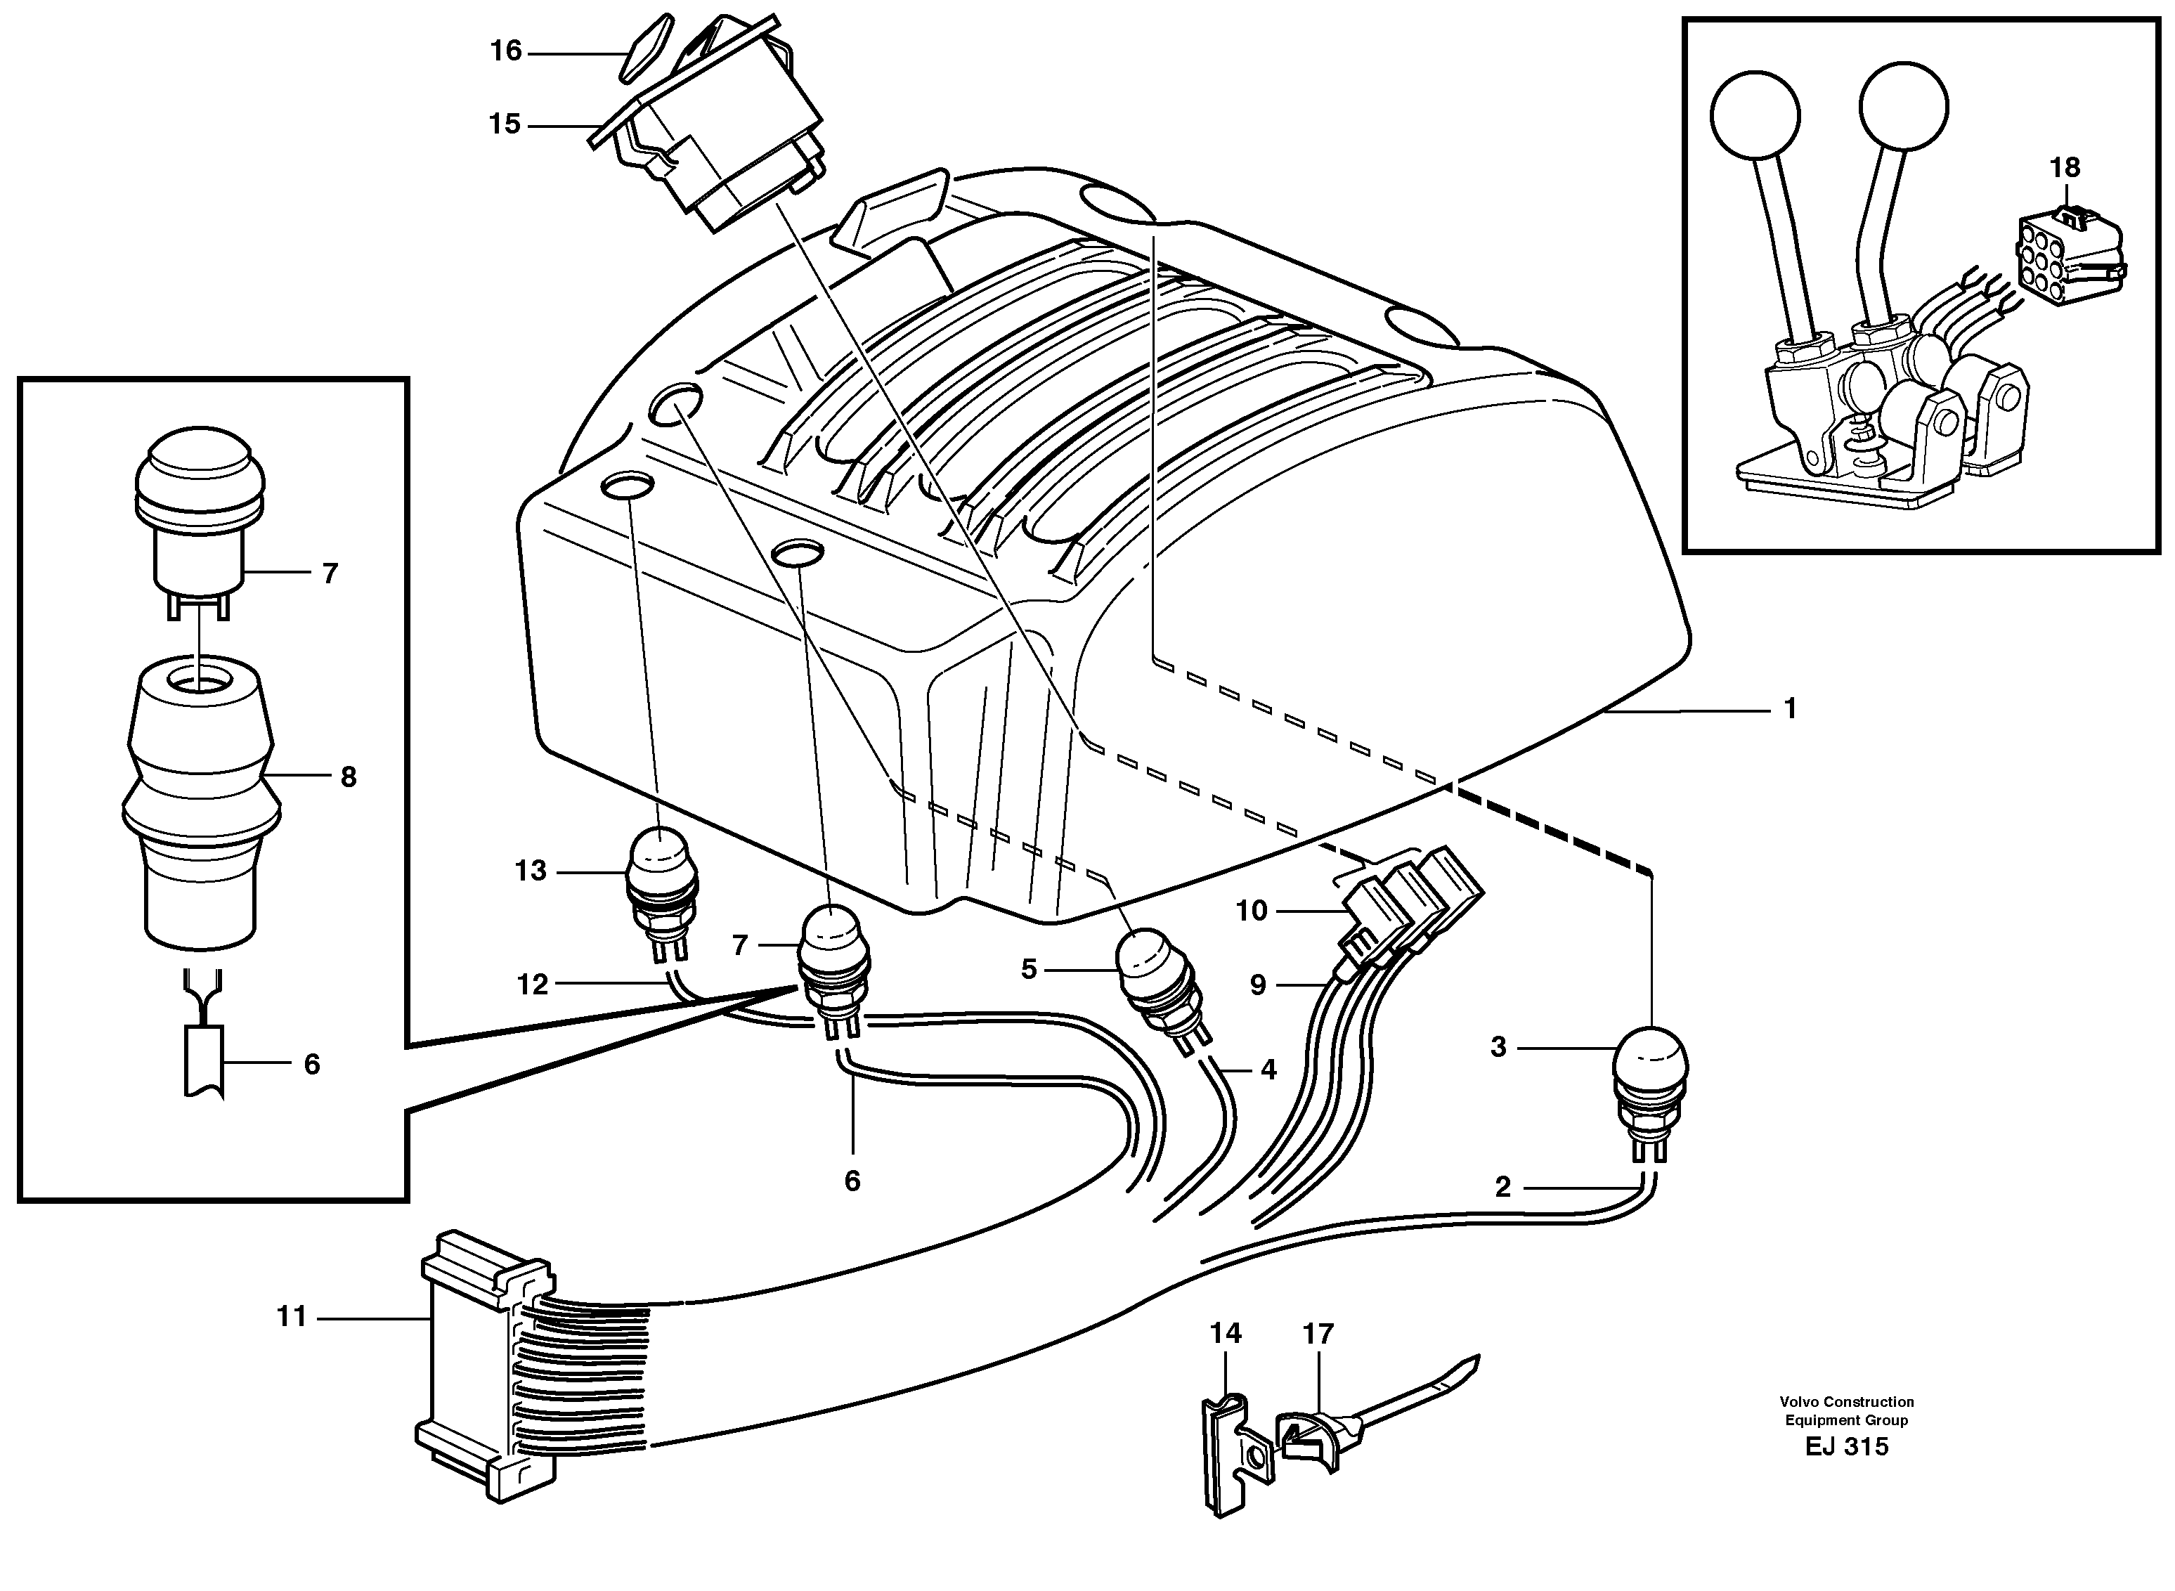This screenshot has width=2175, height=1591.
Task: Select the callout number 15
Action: tap(505, 124)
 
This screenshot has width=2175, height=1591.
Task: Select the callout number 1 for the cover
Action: tap(1790, 709)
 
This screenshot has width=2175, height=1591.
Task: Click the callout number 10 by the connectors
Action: tap(1252, 911)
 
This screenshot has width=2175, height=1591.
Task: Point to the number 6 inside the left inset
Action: tap(311, 1064)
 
